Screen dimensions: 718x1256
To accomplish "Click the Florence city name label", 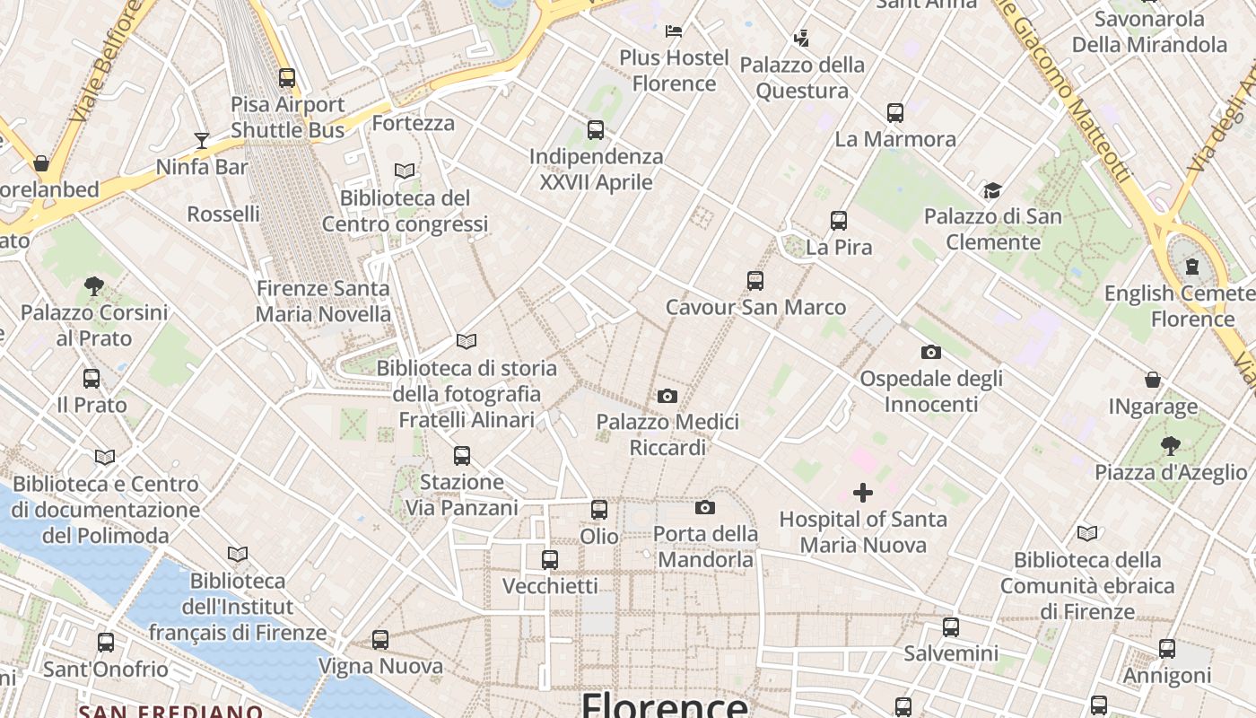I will [x=664, y=705].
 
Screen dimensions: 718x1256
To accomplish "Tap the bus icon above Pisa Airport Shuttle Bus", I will [x=287, y=78].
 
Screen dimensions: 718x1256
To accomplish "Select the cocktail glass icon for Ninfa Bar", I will [x=202, y=140].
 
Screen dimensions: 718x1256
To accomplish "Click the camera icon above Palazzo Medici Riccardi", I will [x=667, y=396].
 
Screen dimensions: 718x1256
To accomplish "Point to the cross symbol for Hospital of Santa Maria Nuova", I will [x=863, y=492].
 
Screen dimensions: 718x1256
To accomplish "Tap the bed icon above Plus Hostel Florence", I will [x=674, y=31].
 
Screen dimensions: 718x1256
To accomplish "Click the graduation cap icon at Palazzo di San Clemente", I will [x=992, y=190].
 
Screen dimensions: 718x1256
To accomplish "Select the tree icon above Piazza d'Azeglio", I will [x=1170, y=445].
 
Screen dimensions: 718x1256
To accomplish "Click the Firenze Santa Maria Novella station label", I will [x=323, y=302].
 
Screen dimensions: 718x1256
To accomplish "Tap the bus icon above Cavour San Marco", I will [x=755, y=281].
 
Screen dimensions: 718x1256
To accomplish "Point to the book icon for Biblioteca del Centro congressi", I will [x=405, y=171].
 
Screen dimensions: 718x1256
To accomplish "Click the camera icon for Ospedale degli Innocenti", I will [x=931, y=352].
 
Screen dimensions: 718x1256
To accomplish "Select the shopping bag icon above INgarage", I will [x=1153, y=380].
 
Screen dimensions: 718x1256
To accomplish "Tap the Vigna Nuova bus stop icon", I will [x=380, y=640].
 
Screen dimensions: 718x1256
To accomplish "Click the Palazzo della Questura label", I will [x=802, y=77].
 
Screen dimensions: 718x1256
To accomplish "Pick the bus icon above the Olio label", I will [x=599, y=510].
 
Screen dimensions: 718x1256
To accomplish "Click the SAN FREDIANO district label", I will [x=170, y=712].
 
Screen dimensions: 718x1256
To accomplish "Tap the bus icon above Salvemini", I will [x=951, y=627].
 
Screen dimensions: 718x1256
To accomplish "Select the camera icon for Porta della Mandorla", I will [x=705, y=507].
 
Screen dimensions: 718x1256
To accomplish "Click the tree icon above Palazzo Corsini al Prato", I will [x=93, y=286].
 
